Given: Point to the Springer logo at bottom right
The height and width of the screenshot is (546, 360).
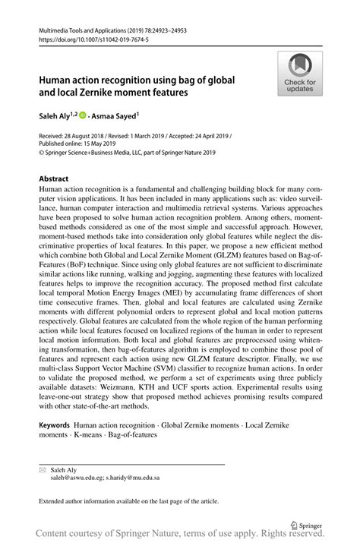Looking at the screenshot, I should tap(307, 523).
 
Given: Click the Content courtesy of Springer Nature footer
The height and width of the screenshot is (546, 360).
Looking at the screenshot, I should tap(179, 535).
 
